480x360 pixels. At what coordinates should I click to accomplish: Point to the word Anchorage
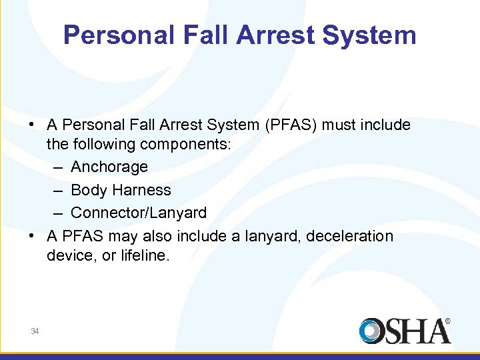point(109,167)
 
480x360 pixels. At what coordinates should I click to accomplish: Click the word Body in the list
point(89,190)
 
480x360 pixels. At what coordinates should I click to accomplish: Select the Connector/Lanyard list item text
point(139,213)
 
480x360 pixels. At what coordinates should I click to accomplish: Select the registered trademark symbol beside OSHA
point(447,321)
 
